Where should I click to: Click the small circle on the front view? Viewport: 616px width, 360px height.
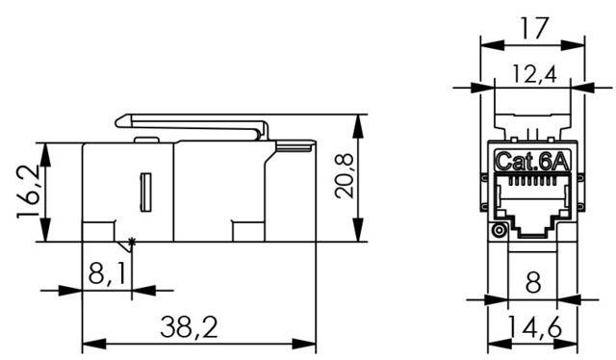(499, 231)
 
